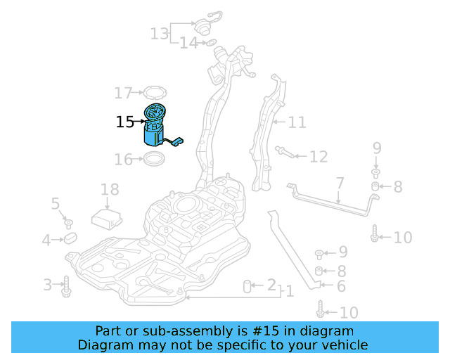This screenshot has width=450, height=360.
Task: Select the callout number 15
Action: (x=124, y=122)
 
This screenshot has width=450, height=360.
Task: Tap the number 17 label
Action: (x=123, y=93)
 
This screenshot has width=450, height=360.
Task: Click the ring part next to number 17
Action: (x=151, y=92)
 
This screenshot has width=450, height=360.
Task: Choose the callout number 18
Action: (x=110, y=189)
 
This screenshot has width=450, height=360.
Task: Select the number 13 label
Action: (x=160, y=32)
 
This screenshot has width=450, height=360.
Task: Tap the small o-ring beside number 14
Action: (x=209, y=44)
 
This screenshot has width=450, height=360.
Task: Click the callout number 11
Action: (x=297, y=122)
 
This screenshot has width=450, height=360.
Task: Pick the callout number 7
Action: (x=340, y=183)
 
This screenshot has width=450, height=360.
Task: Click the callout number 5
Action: (x=56, y=204)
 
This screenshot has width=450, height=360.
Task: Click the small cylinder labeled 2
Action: (x=247, y=285)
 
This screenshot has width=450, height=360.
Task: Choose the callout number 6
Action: (x=341, y=286)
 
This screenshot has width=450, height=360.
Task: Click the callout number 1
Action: (x=288, y=290)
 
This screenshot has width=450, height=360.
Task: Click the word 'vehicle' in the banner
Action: (x=345, y=345)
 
